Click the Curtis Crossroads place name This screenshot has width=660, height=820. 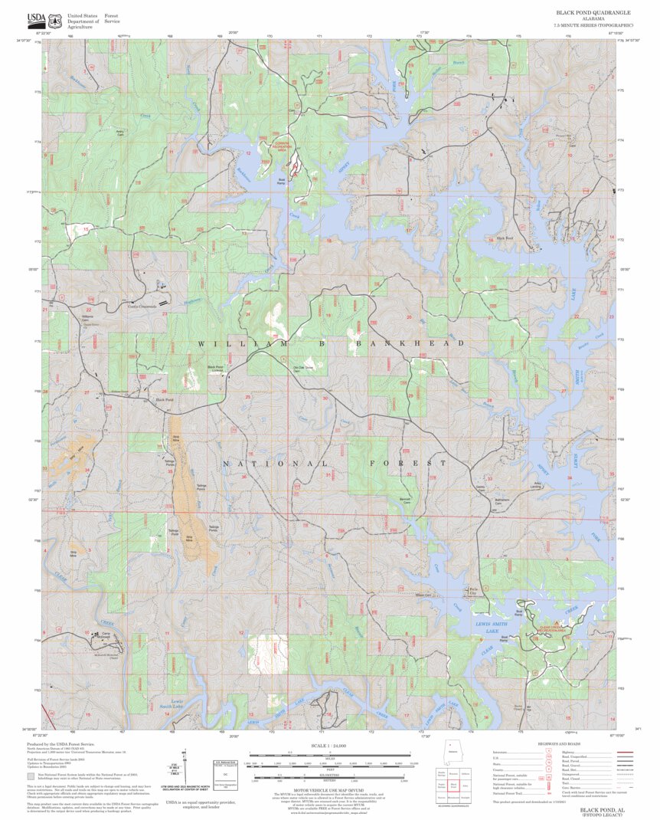(141, 305)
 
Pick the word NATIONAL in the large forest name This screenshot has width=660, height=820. (275, 464)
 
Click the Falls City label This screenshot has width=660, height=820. (472, 591)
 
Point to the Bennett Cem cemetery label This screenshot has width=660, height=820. (406, 500)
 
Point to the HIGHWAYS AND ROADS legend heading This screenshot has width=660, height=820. (557, 744)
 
